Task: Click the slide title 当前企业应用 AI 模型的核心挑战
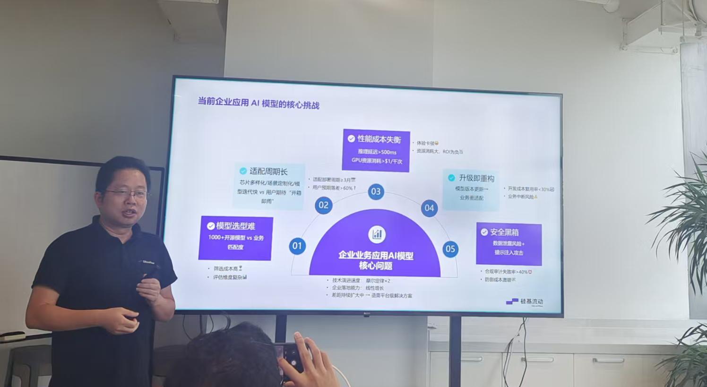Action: [x=258, y=103]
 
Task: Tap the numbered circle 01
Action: [x=297, y=246]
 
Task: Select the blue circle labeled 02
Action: [x=324, y=205]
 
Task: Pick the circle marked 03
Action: [x=376, y=191]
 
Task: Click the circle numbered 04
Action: [x=429, y=208]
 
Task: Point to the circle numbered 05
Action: [x=450, y=249]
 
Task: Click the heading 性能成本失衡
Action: [x=379, y=139]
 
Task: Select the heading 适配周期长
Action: [x=268, y=172]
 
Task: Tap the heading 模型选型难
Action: [x=235, y=226]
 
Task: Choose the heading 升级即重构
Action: [x=476, y=178]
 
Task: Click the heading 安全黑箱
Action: [x=504, y=232]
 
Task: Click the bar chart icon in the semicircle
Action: [x=377, y=234]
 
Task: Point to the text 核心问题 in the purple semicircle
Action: [x=376, y=266]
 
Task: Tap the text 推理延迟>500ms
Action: [x=377, y=152]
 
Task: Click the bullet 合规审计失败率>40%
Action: [x=506, y=272]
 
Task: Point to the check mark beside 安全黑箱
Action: [x=484, y=232]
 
